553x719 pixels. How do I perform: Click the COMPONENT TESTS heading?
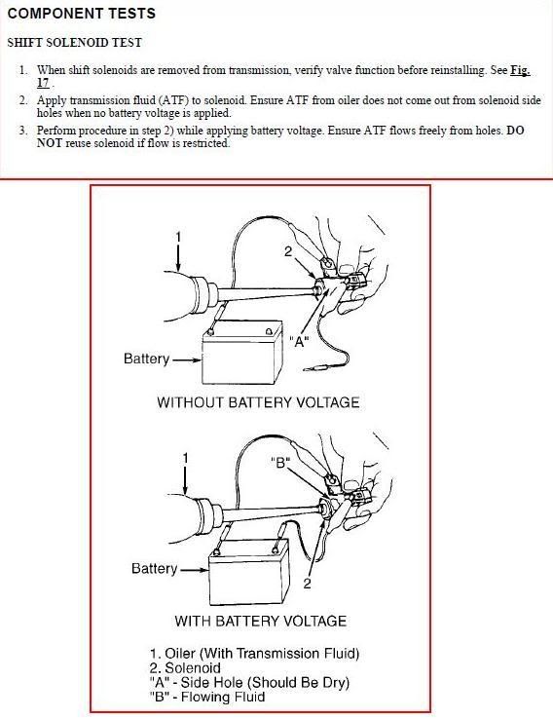click(82, 14)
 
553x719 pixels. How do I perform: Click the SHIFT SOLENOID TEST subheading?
click(75, 43)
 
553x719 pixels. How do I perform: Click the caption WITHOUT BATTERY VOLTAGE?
click(258, 402)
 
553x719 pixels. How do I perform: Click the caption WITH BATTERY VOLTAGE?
click(260, 622)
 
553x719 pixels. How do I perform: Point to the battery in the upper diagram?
click(242, 352)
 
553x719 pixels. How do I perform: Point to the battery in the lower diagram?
click(249, 571)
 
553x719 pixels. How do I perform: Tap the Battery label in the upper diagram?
click(147, 359)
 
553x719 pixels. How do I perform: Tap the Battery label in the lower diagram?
click(154, 569)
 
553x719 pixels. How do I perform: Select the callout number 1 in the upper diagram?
click(179, 237)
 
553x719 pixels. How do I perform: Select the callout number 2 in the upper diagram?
click(288, 251)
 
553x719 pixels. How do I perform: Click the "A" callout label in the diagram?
click(299, 342)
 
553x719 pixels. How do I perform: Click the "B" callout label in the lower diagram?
click(280, 463)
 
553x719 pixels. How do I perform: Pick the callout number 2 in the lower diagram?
click(307, 584)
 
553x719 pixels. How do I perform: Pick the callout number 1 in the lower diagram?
click(185, 458)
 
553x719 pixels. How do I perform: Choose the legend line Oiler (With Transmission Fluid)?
click(254, 654)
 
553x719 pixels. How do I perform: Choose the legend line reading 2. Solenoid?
click(185, 668)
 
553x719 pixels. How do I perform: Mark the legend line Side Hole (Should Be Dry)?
click(249, 683)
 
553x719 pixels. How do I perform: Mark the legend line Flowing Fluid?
click(207, 697)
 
